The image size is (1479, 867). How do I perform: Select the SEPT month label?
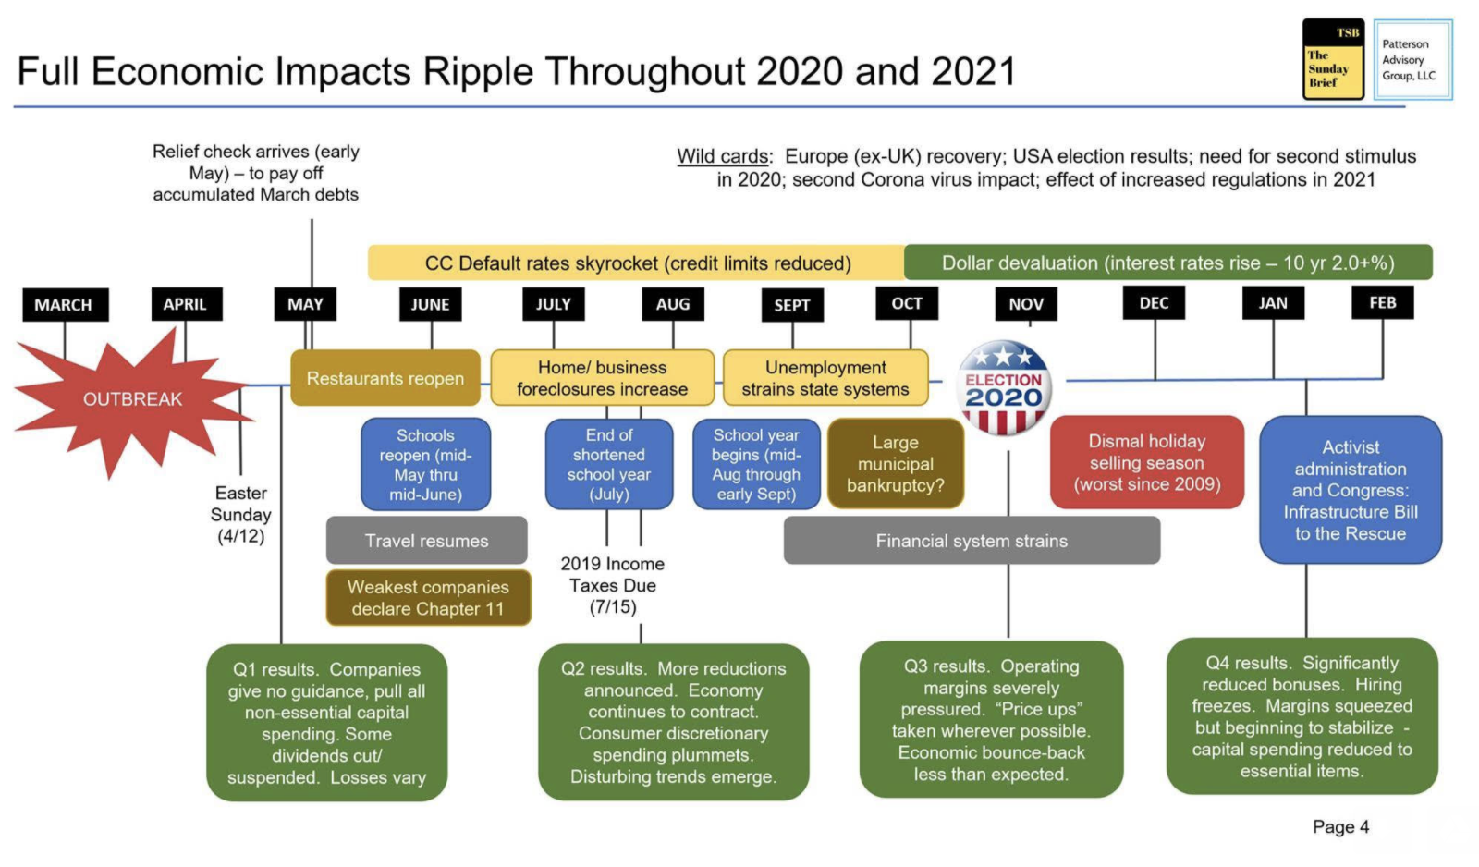click(x=792, y=305)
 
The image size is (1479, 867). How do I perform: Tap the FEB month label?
click(x=1383, y=302)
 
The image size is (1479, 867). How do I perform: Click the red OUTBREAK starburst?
click(x=133, y=399)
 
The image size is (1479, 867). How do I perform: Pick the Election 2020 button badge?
click(x=1004, y=388)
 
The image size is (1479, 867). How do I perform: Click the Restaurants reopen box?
click(x=385, y=378)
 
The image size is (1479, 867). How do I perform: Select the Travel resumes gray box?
click(x=426, y=541)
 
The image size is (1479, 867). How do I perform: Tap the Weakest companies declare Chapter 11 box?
click(x=429, y=598)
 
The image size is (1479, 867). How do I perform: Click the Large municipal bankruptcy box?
click(x=896, y=464)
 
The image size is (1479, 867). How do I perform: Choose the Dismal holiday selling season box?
click(x=1147, y=462)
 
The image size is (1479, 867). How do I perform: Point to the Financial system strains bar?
click(x=972, y=541)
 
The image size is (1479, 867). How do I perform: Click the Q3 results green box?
click(x=991, y=720)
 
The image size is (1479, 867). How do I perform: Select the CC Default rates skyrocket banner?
click(x=637, y=263)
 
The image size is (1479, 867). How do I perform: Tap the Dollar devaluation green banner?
click(x=1168, y=263)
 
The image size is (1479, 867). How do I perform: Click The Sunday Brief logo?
click(x=1333, y=59)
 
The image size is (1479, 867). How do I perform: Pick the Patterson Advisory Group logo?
click(x=1412, y=59)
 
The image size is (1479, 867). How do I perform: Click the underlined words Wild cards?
click(x=722, y=157)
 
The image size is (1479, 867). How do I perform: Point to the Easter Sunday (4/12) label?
click(x=241, y=515)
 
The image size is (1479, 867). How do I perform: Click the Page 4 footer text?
click(x=1341, y=826)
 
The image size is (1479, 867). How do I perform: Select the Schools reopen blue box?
click(x=426, y=464)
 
